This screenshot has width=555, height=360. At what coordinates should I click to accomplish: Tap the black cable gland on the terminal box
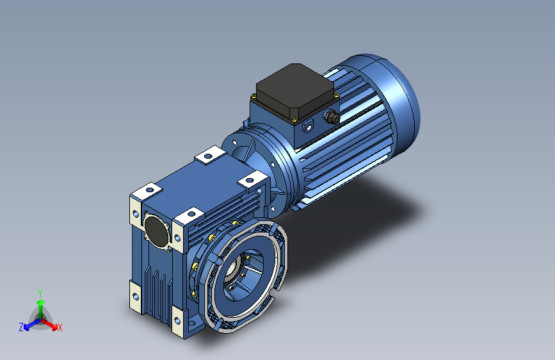click(332, 116)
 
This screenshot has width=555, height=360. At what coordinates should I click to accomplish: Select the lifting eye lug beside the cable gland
click(308, 126)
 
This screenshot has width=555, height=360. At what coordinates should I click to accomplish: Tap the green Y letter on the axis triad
click(40, 293)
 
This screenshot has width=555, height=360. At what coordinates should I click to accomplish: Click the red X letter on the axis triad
click(60, 328)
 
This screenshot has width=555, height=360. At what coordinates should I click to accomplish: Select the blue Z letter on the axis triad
click(21, 327)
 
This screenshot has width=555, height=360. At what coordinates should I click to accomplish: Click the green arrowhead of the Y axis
click(41, 302)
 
